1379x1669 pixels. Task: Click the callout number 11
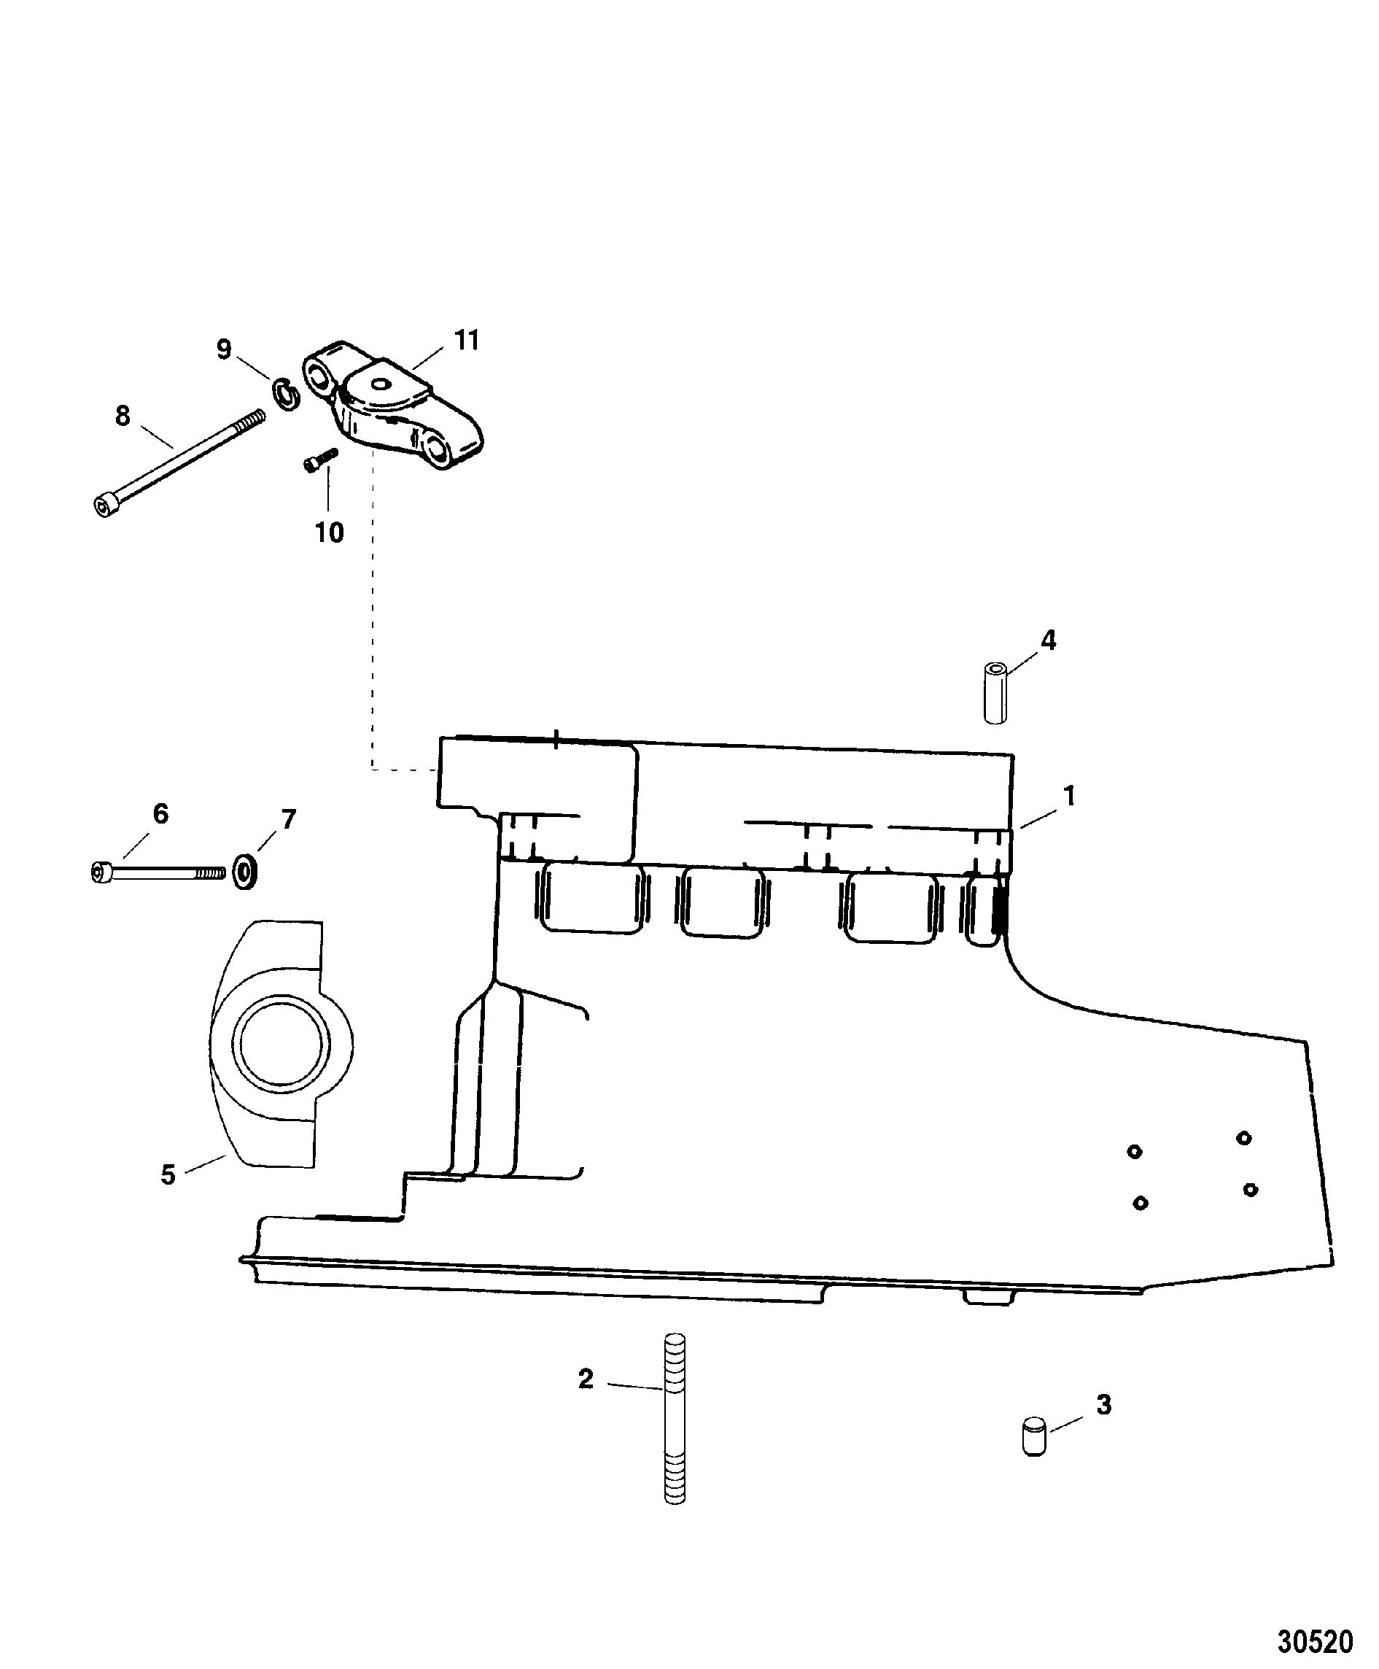tap(466, 341)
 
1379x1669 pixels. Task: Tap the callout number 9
tap(224, 349)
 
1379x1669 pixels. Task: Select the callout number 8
tap(123, 416)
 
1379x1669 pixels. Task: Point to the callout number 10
tap(329, 533)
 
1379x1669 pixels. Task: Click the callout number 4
tap(1049, 640)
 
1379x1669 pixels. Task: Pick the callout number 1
tap(1069, 795)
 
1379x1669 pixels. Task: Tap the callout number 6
tap(160, 813)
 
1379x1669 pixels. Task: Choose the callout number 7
tap(288, 819)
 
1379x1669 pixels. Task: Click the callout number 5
tap(168, 1175)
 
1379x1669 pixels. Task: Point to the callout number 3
tap(1103, 1405)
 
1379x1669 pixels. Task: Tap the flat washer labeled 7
tap(245, 872)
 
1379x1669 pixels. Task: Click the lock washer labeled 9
tap(286, 395)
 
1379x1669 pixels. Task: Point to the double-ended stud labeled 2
tap(674, 1418)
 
